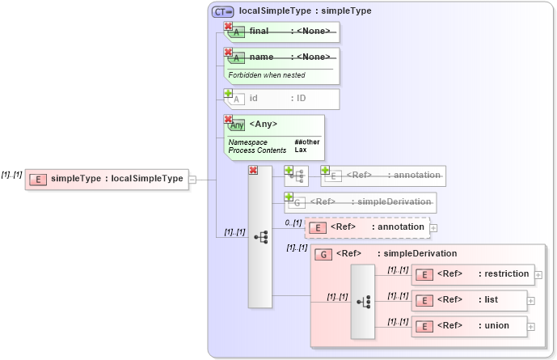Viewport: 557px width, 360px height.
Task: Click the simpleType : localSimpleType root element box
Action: pyautogui.click(x=107, y=179)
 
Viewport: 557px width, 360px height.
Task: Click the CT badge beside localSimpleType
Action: pyautogui.click(x=222, y=11)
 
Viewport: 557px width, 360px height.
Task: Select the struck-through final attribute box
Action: pyautogui.click(x=282, y=32)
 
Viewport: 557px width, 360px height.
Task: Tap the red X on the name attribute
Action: pyautogui.click(x=228, y=52)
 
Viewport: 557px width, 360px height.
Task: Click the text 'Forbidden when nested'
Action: pyautogui.click(x=267, y=75)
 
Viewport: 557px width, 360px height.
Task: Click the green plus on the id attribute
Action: pyautogui.click(x=228, y=94)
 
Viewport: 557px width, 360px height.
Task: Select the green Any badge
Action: pyautogui.click(x=237, y=125)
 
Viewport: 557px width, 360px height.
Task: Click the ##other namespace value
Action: pyautogui.click(x=306, y=142)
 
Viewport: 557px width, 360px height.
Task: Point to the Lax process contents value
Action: pyautogui.click(x=301, y=150)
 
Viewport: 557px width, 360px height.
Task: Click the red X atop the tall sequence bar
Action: pyautogui.click(x=253, y=171)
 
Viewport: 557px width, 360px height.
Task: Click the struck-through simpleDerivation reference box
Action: pyautogui.click(x=361, y=201)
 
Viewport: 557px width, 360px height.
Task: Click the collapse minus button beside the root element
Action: pyautogui.click(x=192, y=179)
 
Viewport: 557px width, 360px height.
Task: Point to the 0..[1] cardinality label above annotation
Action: pyautogui.click(x=293, y=222)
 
